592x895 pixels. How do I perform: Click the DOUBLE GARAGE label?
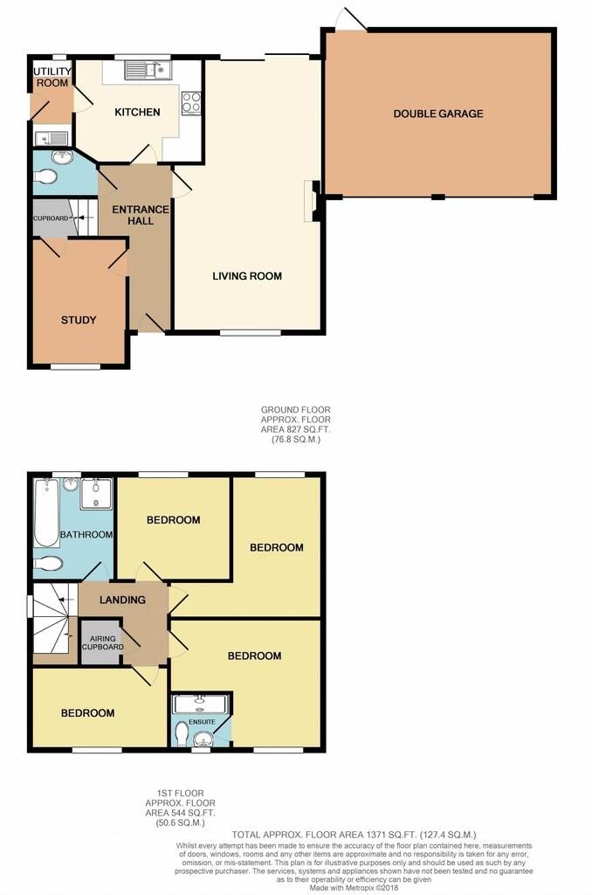438,114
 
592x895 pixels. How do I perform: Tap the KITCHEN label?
137,112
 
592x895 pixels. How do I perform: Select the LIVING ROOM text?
247,276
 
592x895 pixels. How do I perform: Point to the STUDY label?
79,320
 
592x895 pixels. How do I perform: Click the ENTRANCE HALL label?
141,215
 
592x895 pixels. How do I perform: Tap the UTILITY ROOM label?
52,77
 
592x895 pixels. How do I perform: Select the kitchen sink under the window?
148,70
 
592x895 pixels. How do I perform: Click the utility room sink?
51,137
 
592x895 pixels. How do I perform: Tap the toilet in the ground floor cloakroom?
45,177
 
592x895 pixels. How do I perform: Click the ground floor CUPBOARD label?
51,219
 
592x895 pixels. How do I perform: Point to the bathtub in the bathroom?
45,512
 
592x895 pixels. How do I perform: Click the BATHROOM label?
86,535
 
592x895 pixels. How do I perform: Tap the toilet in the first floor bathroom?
48,564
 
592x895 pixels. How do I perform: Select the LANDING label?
122,600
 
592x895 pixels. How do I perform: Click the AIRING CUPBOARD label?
103,642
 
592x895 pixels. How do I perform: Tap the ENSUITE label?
203,722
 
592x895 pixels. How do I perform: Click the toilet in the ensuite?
182,734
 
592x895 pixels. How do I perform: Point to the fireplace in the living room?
313,201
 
